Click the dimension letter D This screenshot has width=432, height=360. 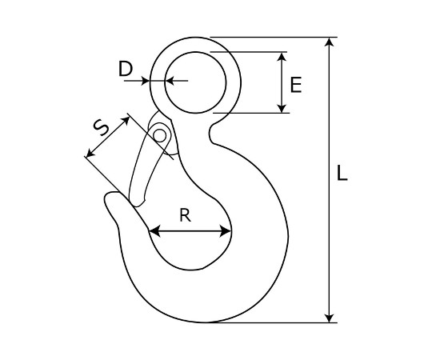pos(126,69)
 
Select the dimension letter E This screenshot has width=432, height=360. pos(296,85)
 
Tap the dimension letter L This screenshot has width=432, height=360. pos(342,173)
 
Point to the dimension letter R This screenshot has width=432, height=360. pos(185,215)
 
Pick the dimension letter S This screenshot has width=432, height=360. pos(101,127)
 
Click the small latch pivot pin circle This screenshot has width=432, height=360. pos(160,136)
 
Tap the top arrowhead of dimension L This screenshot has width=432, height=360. pos(330,42)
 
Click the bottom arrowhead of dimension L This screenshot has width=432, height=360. pos(330,318)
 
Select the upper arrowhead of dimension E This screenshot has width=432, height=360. pos(282,57)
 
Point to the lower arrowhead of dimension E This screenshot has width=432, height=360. pos(282,109)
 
